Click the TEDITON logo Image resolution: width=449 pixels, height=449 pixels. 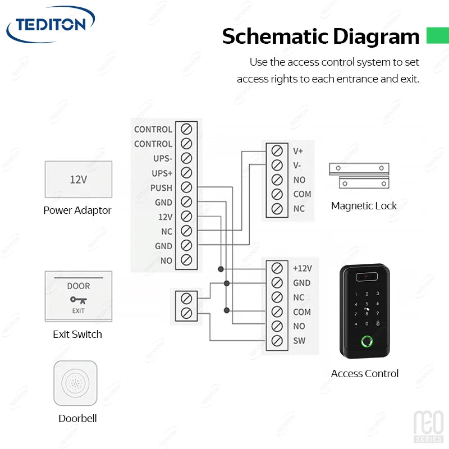50,25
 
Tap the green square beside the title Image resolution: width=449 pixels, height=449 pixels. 437,35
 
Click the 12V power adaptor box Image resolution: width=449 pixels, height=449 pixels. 78,180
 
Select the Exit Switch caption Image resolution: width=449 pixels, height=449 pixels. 77,335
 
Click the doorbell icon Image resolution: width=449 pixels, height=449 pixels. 75,383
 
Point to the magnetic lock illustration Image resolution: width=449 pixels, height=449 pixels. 359,176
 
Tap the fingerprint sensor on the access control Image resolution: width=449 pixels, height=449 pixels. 368,341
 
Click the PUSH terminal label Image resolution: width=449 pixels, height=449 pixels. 161,188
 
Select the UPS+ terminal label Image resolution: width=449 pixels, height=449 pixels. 162,173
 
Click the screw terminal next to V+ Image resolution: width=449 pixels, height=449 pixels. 276,151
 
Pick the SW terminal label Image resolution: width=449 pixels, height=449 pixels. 299,341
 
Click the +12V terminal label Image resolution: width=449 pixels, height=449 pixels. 302,268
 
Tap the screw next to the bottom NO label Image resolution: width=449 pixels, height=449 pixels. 276,326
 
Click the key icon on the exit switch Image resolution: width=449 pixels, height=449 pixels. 78,300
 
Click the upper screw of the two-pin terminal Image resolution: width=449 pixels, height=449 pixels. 187,298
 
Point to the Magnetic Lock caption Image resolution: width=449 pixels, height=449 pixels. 364,206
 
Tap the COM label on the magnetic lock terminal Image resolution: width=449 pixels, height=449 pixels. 302,194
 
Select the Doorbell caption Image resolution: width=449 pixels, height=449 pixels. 77,419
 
